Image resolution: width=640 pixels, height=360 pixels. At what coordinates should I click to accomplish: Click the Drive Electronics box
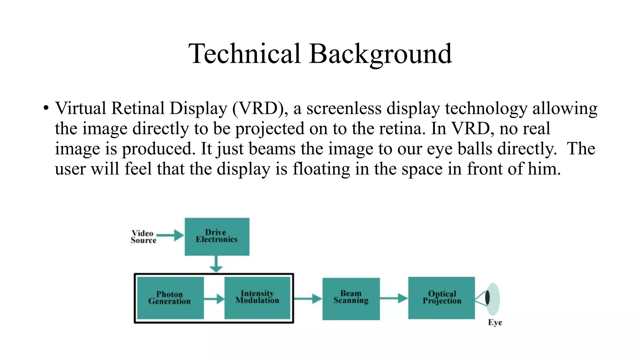(217, 237)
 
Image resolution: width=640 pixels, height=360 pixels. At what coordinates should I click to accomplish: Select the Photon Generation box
(170, 298)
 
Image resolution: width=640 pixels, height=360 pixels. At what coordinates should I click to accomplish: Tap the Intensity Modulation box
(257, 298)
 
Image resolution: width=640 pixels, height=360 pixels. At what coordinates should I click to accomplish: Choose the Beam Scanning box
(351, 298)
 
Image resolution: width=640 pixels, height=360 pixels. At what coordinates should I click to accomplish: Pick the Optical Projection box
(441, 298)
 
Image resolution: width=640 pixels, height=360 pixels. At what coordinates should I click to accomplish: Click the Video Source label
(143, 237)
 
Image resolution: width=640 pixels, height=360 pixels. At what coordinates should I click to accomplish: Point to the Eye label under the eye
(495, 322)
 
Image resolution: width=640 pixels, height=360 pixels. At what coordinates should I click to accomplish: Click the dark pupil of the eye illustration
(487, 298)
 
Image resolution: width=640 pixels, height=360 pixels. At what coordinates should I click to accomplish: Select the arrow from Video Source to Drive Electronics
(170, 235)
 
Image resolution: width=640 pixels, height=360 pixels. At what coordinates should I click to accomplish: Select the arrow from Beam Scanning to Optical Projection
(394, 298)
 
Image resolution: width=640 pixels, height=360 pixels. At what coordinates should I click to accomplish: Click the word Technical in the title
(244, 54)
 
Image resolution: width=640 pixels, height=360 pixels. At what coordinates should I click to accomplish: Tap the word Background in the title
(380, 54)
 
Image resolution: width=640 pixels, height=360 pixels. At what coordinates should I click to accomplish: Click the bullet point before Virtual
(46, 108)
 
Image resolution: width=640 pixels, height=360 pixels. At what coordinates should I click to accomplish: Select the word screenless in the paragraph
(344, 109)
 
